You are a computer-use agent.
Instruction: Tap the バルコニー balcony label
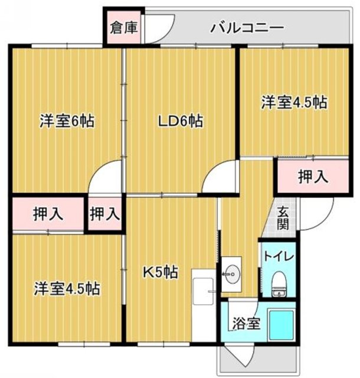point(247,28)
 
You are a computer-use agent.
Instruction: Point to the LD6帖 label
point(180,122)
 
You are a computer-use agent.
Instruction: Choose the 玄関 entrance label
point(284,217)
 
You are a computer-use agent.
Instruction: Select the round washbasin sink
point(233,273)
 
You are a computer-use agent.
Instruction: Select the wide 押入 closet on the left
point(48,214)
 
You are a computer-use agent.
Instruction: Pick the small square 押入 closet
point(104,214)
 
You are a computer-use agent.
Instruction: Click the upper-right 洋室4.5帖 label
point(294,102)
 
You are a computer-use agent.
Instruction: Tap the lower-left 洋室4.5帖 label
point(66,289)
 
